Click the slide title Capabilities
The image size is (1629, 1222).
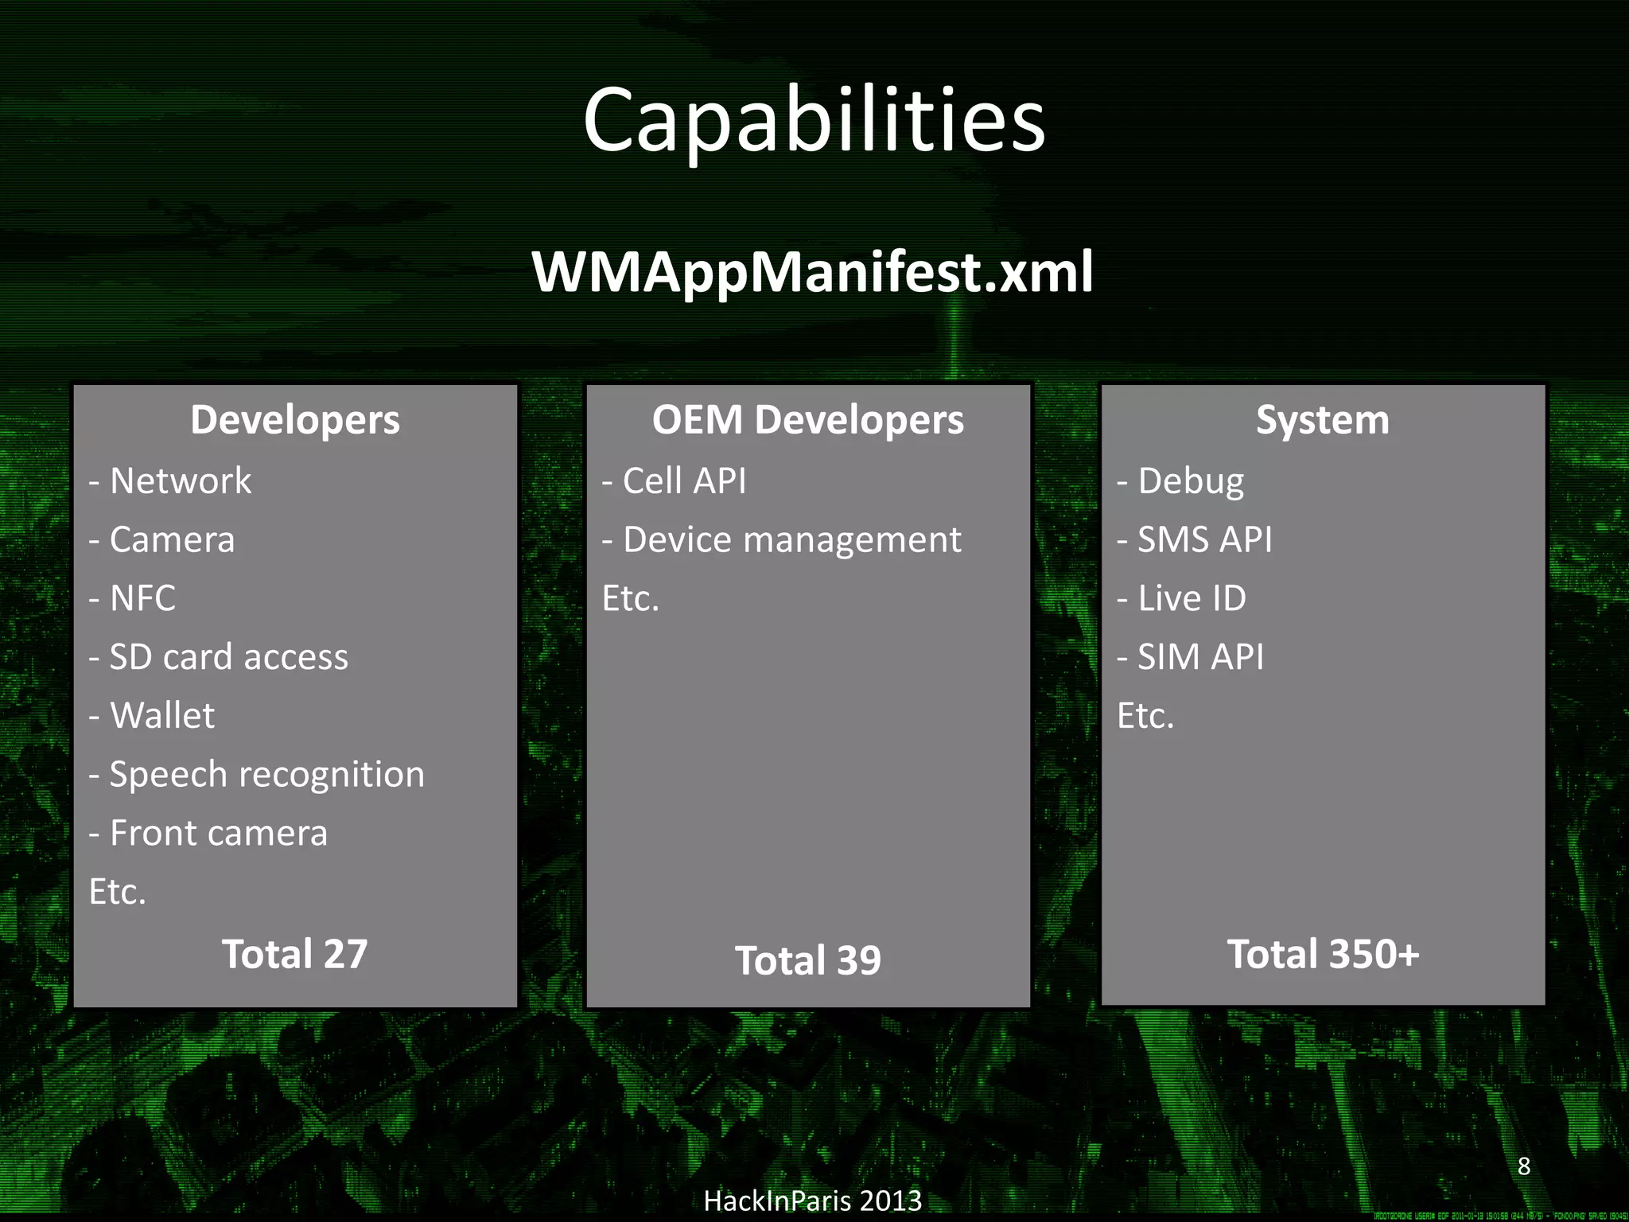[814, 121]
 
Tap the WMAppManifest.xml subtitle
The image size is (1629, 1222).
[813, 272]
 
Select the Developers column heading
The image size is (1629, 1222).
[295, 419]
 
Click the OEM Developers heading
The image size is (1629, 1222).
[807, 419]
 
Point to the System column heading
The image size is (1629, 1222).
[1322, 419]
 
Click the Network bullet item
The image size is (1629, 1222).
[170, 481]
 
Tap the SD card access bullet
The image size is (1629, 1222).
[219, 657]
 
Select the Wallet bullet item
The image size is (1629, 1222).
[152, 715]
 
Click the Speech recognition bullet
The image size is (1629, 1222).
[257, 774]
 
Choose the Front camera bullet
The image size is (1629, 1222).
[208, 833]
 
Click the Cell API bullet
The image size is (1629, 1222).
[675, 481]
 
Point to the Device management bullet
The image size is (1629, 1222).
[781, 539]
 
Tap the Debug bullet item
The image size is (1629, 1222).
[1180, 481]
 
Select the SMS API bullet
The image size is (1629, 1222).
[1195, 539]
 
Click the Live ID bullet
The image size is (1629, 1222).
[1182, 598]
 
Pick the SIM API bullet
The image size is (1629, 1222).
[1191, 657]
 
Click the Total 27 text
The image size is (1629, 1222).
[295, 954]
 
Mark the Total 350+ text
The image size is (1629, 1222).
[1323, 954]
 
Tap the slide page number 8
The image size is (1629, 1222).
[1523, 1166]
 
